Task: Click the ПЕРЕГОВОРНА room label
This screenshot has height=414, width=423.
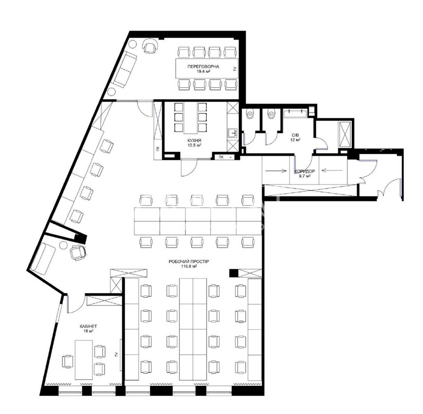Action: (x=203, y=66)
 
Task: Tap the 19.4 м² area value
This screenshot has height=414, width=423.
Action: (x=204, y=71)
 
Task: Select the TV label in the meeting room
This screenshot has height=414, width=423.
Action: (x=235, y=69)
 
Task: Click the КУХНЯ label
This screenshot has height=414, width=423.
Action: (x=195, y=140)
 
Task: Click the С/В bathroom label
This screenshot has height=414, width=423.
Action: (x=295, y=135)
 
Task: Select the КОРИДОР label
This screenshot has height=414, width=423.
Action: (x=305, y=171)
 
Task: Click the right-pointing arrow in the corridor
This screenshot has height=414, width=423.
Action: (x=276, y=171)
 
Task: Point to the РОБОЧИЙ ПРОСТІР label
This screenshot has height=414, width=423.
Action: (x=189, y=262)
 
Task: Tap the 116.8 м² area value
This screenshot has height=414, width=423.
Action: (x=189, y=266)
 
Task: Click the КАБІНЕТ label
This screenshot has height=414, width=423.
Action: (x=88, y=326)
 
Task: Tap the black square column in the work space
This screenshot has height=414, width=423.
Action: (x=234, y=273)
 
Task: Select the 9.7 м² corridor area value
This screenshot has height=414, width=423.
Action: (x=305, y=176)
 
